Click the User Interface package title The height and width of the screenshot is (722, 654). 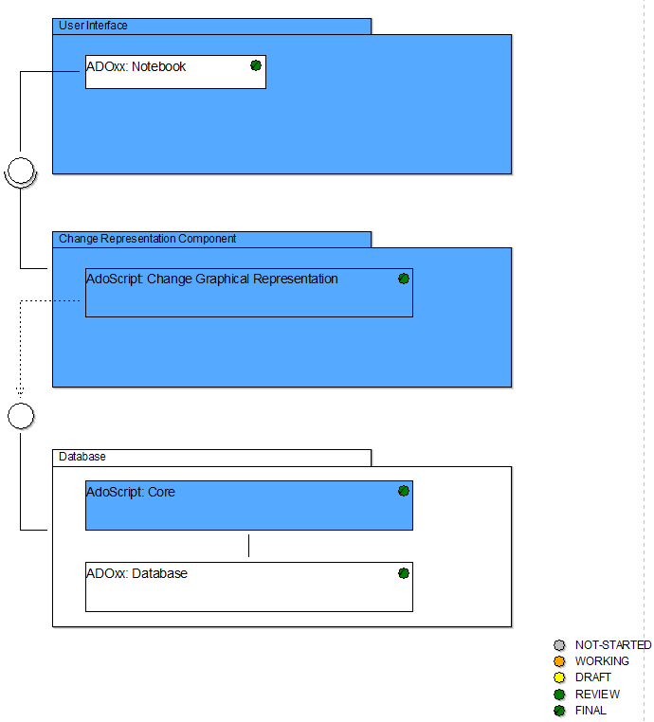[x=93, y=26]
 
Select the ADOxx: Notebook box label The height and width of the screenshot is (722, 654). [x=136, y=66]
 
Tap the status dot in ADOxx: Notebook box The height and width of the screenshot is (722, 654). [x=256, y=65]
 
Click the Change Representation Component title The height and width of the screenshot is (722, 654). [x=147, y=239]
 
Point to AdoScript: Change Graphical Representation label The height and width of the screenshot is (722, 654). [x=212, y=279]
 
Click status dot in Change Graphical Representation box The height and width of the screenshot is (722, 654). [x=404, y=279]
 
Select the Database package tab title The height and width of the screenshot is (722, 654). [x=82, y=457]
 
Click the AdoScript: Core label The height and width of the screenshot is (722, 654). [x=131, y=492]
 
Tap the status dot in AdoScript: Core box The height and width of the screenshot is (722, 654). [x=404, y=491]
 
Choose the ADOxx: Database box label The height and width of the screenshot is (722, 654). [x=136, y=573]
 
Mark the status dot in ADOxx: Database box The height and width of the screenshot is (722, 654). [x=404, y=573]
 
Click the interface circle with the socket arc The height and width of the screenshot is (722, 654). [x=21, y=171]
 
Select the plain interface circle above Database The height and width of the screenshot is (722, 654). [x=21, y=416]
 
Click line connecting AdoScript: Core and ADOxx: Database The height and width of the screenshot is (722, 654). [x=248, y=546]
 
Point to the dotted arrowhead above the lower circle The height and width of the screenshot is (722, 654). [x=20, y=391]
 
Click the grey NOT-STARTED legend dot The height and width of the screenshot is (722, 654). [x=559, y=645]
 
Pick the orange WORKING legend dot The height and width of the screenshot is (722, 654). [x=559, y=661]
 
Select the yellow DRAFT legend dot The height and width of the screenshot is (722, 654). [x=559, y=677]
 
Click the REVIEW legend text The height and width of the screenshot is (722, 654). [x=597, y=694]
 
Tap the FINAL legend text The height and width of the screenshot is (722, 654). [x=590, y=711]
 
